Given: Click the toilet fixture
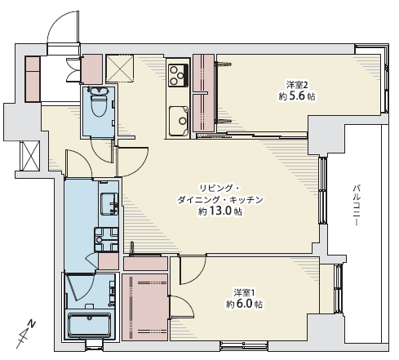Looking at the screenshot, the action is (98, 102).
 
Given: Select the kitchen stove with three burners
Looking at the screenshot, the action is (178, 75).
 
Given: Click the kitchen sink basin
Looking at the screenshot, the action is (179, 121).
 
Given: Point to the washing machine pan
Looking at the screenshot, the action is (106, 239).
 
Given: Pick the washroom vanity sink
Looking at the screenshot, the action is (109, 204).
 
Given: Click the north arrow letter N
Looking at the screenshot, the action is (33, 324).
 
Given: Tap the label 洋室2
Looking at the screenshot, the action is (297, 85).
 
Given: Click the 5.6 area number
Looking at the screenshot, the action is (297, 96).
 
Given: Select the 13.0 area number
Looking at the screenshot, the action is (220, 211).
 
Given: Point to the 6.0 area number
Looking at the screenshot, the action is (245, 304).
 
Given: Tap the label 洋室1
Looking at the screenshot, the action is (245, 293).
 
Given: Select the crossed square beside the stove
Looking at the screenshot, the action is (120, 69).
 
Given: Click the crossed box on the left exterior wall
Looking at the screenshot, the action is (30, 156).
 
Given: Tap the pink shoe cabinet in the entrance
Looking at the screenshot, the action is (33, 79).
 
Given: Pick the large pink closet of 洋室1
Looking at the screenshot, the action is (144, 307).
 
